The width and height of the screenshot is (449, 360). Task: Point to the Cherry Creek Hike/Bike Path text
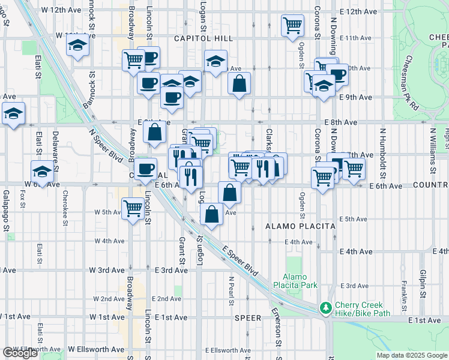[x=363, y=308]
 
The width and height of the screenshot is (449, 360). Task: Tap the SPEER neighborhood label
[x=247, y=318]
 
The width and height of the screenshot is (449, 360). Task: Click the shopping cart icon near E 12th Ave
[x=292, y=26]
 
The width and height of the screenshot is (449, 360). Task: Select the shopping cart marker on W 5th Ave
[x=133, y=209]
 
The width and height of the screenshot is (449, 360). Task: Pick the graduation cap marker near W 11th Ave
[x=77, y=46]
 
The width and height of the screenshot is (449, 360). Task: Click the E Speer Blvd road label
[x=240, y=260]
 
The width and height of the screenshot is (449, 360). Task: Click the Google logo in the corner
[x=20, y=353]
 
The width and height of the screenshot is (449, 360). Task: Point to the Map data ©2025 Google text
[x=412, y=355]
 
